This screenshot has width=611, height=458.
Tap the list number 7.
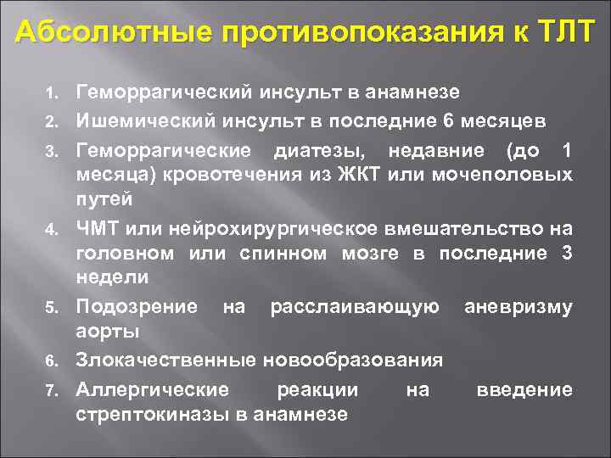point(50,391)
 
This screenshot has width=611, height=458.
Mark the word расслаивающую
point(354,305)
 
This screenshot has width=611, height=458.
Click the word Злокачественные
point(165,360)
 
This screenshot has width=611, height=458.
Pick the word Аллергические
point(152,390)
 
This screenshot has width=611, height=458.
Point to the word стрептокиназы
point(149,415)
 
